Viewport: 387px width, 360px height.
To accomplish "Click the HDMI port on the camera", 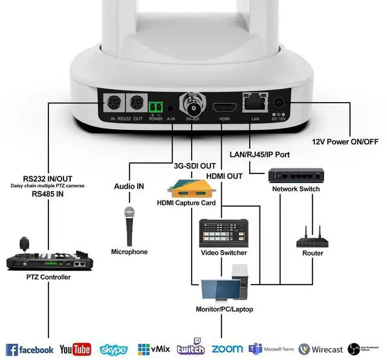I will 222,108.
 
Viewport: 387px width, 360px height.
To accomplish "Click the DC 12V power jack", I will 280,103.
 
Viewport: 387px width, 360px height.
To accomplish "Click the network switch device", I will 296,176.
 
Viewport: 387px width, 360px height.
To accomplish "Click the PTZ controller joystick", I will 24,243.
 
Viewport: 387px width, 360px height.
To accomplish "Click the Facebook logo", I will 30,350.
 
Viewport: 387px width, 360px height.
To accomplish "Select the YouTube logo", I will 75,350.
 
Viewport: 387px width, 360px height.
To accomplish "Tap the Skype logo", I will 114,350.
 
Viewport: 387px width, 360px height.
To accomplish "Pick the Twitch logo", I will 190,348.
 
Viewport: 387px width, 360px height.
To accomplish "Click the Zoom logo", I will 227,349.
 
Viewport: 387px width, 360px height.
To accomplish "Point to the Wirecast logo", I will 320,350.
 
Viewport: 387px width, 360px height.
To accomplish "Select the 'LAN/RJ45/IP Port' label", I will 259,155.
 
